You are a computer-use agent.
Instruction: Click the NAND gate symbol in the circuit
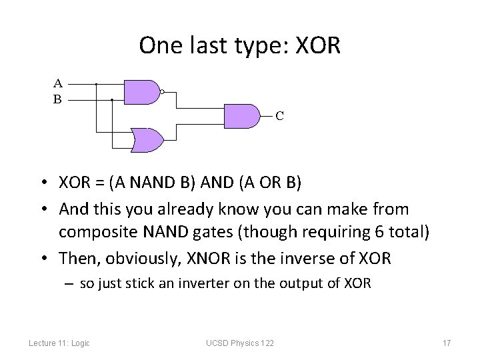click(x=141, y=91)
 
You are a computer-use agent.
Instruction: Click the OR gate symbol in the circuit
click(x=147, y=139)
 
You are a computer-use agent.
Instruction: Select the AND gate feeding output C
click(x=242, y=115)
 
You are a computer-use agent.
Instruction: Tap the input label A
click(x=58, y=84)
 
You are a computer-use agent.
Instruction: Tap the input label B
click(x=58, y=99)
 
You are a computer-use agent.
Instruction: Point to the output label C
click(x=280, y=116)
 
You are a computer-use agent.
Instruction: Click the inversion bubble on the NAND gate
click(x=162, y=92)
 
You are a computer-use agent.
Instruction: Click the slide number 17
click(x=447, y=343)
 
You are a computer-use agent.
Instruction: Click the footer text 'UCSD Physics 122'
click(x=240, y=343)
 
